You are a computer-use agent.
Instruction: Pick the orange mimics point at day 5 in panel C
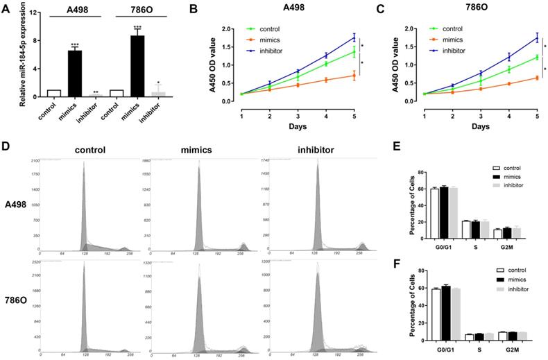(x=517, y=78)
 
